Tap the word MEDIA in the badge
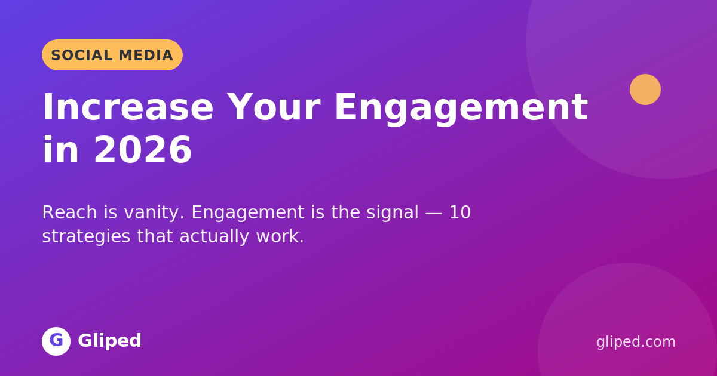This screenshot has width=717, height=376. click(146, 56)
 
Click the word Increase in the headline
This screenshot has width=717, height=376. click(128, 107)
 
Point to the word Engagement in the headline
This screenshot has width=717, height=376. click(461, 109)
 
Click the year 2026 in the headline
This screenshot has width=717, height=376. click(143, 150)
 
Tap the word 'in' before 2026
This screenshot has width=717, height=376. click(60, 150)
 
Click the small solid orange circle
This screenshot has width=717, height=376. click(645, 90)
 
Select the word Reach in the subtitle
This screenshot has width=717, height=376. click(69, 212)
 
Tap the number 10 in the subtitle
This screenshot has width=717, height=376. click(460, 212)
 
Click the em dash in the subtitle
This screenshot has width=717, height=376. click(434, 213)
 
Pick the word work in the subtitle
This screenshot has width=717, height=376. click(280, 236)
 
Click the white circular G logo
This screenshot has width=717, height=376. click(56, 341)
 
